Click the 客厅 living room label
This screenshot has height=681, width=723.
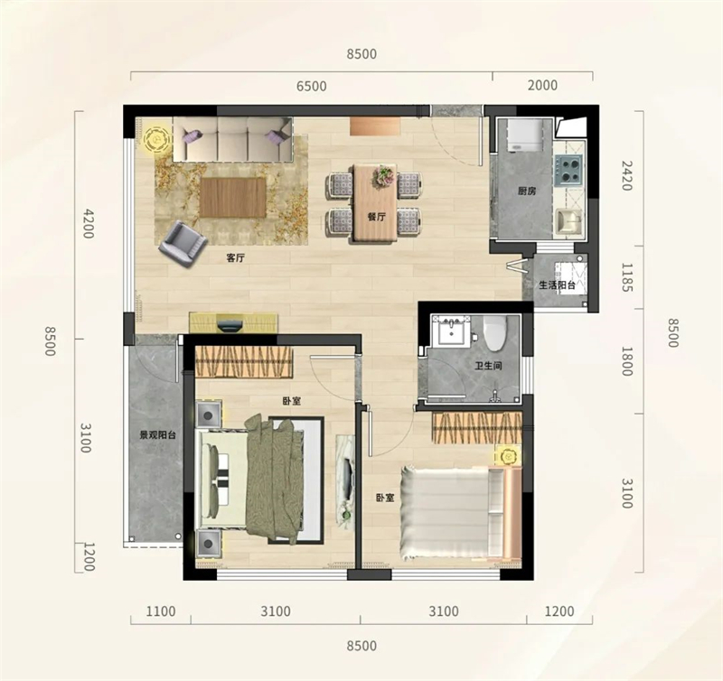tap(235, 258)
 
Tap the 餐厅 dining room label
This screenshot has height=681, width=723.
tap(377, 217)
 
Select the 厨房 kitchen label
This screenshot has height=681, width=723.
tap(527, 191)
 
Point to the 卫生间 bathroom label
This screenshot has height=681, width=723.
tap(488, 367)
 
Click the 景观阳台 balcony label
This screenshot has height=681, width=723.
tap(158, 434)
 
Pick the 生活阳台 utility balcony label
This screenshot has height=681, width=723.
tap(558, 285)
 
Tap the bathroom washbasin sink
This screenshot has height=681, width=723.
tap(451, 330)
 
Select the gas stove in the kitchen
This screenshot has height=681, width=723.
tap(568, 169)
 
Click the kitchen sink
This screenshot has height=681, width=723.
tap(569, 221)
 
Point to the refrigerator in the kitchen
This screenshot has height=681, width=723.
tap(524, 135)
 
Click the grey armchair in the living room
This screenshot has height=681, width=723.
tap(183, 244)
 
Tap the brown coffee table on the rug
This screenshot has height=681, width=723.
tap(233, 198)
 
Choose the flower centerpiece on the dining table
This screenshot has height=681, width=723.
tap(383, 177)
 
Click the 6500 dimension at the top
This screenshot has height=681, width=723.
tap(311, 86)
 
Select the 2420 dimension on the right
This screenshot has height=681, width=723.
tap(625, 175)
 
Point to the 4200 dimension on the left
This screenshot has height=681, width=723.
tap(87, 223)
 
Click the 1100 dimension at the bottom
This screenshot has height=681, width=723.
tap(161, 611)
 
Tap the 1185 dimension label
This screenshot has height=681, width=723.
tap(625, 277)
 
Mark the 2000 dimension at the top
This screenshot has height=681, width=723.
tap(542, 85)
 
